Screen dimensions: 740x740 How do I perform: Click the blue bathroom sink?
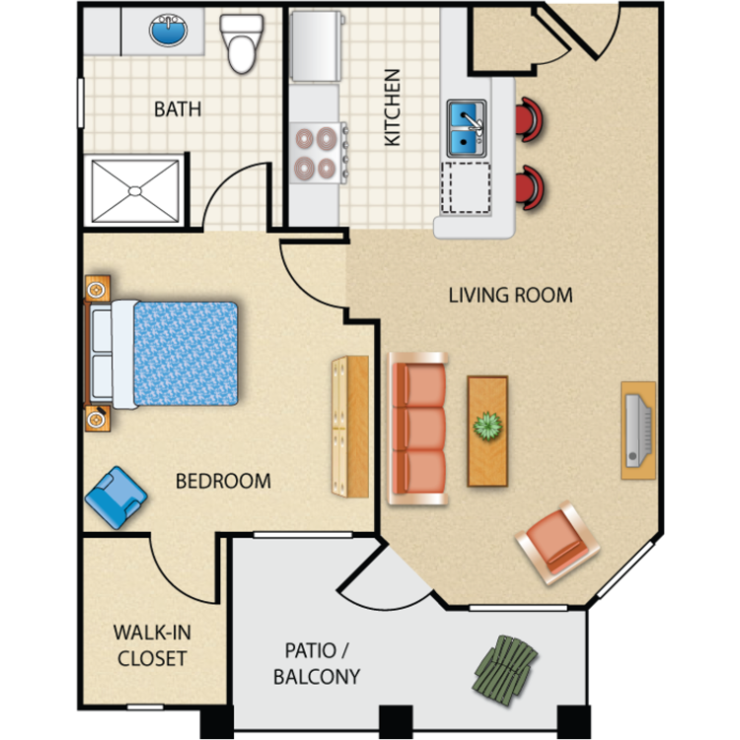[x=168, y=31]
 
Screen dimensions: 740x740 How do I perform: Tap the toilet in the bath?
[x=242, y=43]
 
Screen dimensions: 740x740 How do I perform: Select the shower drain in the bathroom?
[x=135, y=191]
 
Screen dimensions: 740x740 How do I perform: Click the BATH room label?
[x=178, y=109]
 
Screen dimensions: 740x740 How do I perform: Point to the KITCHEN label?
[x=392, y=108]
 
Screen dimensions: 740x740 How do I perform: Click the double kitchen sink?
[x=467, y=128]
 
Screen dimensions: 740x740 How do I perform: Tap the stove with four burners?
[x=319, y=152]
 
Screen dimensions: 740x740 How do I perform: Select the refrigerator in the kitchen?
[x=317, y=45]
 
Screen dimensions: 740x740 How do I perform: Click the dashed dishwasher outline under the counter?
[x=466, y=187]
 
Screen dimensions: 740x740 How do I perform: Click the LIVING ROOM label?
[x=510, y=295]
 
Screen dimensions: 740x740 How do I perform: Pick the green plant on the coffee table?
[x=487, y=425]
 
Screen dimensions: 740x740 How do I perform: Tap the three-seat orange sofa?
[x=417, y=428]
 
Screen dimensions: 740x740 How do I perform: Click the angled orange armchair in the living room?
[x=557, y=543]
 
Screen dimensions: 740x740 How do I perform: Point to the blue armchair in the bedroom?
[x=116, y=497]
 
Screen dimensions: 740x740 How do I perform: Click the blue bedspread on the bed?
[x=185, y=353]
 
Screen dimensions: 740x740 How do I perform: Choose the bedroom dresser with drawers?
[x=350, y=426]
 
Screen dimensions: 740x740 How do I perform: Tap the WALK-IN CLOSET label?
[x=152, y=645]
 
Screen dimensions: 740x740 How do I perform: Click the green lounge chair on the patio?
[x=505, y=670]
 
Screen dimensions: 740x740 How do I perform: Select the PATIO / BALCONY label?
[x=317, y=664]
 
